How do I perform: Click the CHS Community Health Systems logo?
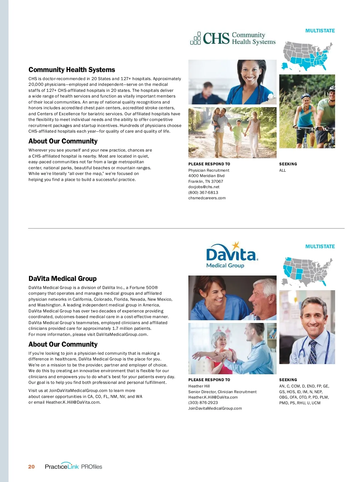coord(233,38)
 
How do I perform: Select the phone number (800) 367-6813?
coord(203,192)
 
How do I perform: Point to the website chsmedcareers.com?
coord(207,198)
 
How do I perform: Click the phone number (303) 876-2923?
coord(203,402)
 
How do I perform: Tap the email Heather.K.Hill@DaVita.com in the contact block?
coord(213,397)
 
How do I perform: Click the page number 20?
coord(31,467)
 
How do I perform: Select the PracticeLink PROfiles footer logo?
coord(73,466)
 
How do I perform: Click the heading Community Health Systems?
coord(72,70)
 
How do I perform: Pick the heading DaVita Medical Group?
coord(62,279)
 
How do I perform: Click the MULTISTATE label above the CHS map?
coord(320,31)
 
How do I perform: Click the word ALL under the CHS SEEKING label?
coord(283,170)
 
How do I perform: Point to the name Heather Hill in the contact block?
coord(199,386)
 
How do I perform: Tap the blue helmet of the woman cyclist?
coord(305,96)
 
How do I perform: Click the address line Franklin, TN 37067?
coord(205,181)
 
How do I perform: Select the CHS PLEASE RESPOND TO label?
coord(209,164)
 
